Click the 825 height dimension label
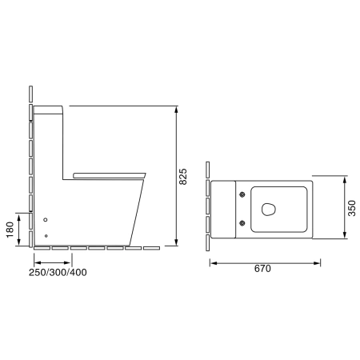pyautogui.click(x=183, y=177)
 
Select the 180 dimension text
pyautogui.click(x=10, y=230)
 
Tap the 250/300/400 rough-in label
pyautogui.click(x=58, y=272)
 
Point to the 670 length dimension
pyautogui.click(x=262, y=269)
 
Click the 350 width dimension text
pyautogui.click(x=352, y=208)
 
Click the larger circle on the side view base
pyautogui.click(x=46, y=220)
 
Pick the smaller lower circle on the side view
pyautogui.click(x=46, y=236)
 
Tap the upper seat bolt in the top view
pyautogui.click(x=242, y=194)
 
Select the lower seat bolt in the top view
pyautogui.click(x=242, y=223)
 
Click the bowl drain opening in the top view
pyautogui.click(x=269, y=209)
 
